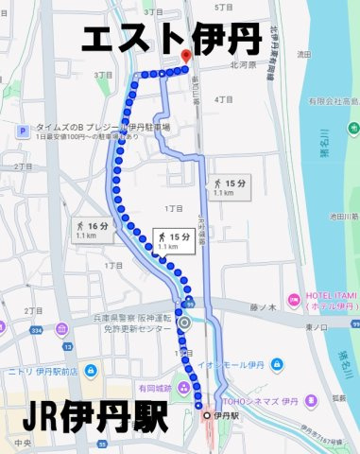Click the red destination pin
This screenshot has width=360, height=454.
(x=185, y=57)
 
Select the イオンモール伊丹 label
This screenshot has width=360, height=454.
(x=254, y=364)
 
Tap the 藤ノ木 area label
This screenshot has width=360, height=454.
(x=262, y=306)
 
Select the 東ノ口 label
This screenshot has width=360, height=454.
(x=314, y=325)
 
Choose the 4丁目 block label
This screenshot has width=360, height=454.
(x=224, y=99)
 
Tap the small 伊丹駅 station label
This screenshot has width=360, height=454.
(x=224, y=415)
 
